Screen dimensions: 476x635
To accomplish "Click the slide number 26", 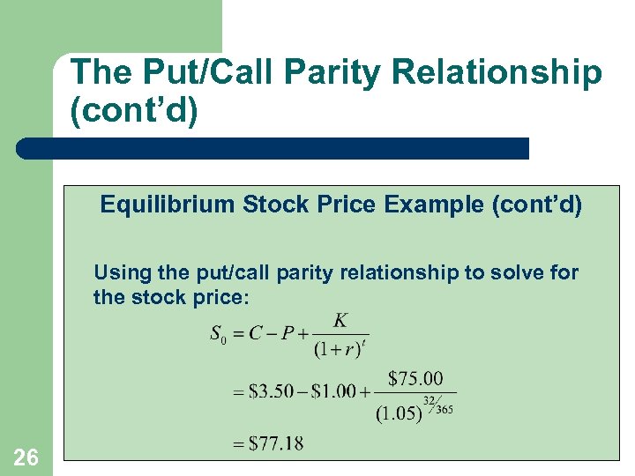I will (26, 456).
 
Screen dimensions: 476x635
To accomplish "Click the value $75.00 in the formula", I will (415, 378).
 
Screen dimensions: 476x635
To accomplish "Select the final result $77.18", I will (276, 443).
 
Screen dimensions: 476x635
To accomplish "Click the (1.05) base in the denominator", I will (399, 413).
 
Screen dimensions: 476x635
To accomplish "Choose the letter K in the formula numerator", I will (340, 319).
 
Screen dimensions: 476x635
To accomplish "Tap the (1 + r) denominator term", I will (336, 348).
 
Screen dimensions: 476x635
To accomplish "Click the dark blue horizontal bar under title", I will (273, 148).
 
